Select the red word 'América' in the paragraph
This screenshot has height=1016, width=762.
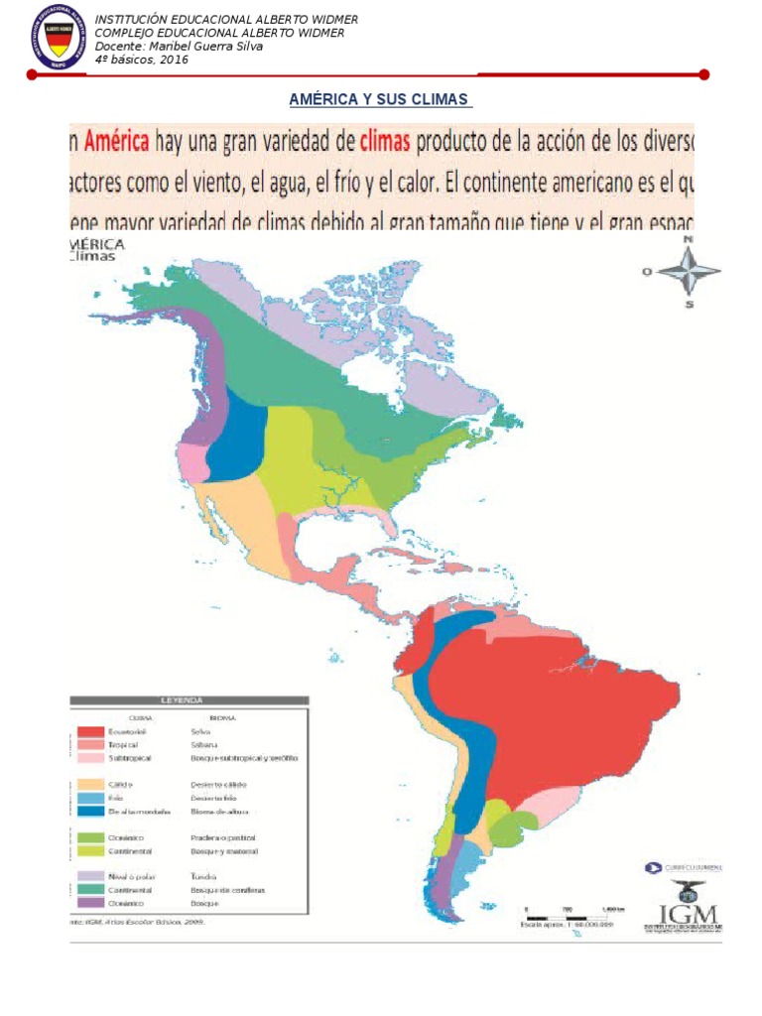click(116, 142)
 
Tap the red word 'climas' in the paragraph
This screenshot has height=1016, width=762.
click(384, 142)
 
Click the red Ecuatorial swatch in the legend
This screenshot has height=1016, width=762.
click(90, 731)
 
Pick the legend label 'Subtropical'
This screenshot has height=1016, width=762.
click(130, 758)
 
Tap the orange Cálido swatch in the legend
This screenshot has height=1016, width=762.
click(90, 784)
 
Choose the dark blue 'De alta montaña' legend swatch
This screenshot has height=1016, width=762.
click(90, 811)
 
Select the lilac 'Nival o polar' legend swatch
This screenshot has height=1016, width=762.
click(90, 876)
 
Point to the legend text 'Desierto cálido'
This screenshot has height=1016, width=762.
click(218, 784)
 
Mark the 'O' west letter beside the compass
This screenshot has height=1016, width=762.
click(647, 271)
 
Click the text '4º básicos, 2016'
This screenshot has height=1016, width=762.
click(141, 60)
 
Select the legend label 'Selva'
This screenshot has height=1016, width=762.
click(200, 731)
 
